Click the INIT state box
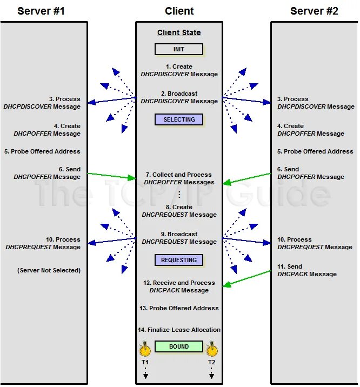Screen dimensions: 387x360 point(179,49)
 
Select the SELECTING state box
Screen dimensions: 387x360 point(179,119)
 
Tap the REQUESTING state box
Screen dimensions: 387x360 point(179,260)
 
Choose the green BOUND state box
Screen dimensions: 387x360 point(179,346)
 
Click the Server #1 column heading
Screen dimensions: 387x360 point(41,11)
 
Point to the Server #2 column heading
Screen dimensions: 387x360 point(314,11)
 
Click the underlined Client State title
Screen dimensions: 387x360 point(179,32)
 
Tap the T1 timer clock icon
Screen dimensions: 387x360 point(145,348)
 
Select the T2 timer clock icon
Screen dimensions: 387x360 point(212,348)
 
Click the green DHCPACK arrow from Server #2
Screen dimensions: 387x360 point(247,278)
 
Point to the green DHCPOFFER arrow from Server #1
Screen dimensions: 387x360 point(111,176)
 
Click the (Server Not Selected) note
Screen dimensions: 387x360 point(49,270)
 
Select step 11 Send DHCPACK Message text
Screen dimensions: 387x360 point(306,270)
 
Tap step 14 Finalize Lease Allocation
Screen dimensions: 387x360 point(179,330)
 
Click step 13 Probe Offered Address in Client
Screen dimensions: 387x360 point(179,308)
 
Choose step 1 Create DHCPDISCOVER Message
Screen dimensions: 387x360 point(179,70)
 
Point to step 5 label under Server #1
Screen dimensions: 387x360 point(42,151)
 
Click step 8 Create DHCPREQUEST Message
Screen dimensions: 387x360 point(179,211)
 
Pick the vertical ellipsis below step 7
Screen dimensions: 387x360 point(179,195)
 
